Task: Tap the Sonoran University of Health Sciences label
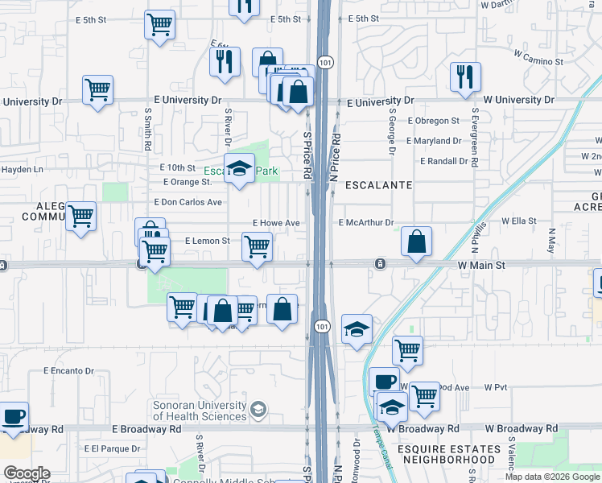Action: click(200, 411)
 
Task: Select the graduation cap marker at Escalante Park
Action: click(239, 168)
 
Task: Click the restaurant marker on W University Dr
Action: click(465, 77)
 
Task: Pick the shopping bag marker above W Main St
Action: click(416, 242)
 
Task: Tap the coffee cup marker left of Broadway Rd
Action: click(14, 417)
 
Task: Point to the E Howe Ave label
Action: click(276, 223)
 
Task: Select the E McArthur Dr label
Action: click(366, 223)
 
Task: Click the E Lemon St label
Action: click(208, 241)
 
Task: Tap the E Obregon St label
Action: click(433, 121)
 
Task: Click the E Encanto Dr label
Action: click(68, 371)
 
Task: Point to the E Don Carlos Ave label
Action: click(188, 202)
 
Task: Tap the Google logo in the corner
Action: click(27, 473)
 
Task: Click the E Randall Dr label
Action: click(438, 161)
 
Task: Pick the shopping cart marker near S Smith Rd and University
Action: click(97, 90)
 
